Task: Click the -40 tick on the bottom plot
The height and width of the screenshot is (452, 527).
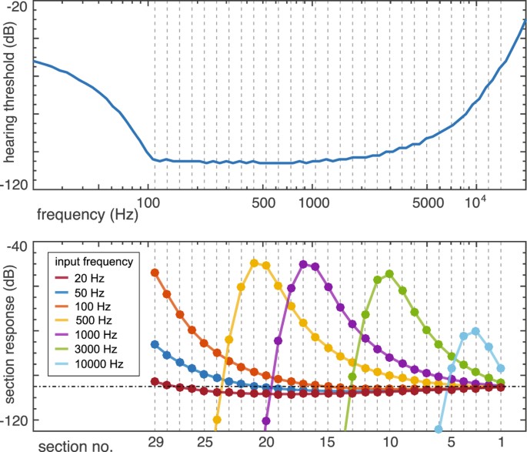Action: tap(18, 247)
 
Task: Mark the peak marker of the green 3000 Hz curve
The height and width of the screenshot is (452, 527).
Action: tap(389, 274)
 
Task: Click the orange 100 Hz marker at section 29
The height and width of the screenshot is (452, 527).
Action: tap(155, 273)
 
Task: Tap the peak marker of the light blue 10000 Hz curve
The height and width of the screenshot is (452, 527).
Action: tap(475, 331)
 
